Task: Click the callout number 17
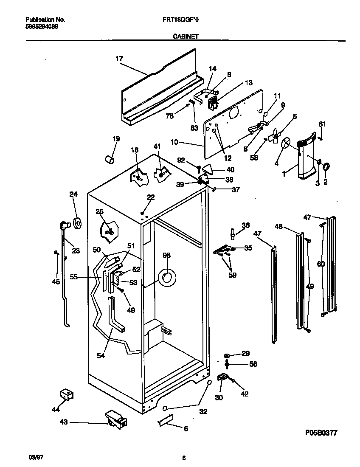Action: click(119, 59)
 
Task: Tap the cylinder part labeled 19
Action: click(110, 159)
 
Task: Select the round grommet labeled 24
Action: click(77, 222)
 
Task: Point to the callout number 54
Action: click(101, 355)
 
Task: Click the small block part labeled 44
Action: click(66, 394)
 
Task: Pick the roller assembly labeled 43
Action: click(116, 420)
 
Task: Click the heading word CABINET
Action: click(186, 37)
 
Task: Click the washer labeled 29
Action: click(227, 354)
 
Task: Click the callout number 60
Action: click(321, 264)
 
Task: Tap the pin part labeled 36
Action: click(232, 233)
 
